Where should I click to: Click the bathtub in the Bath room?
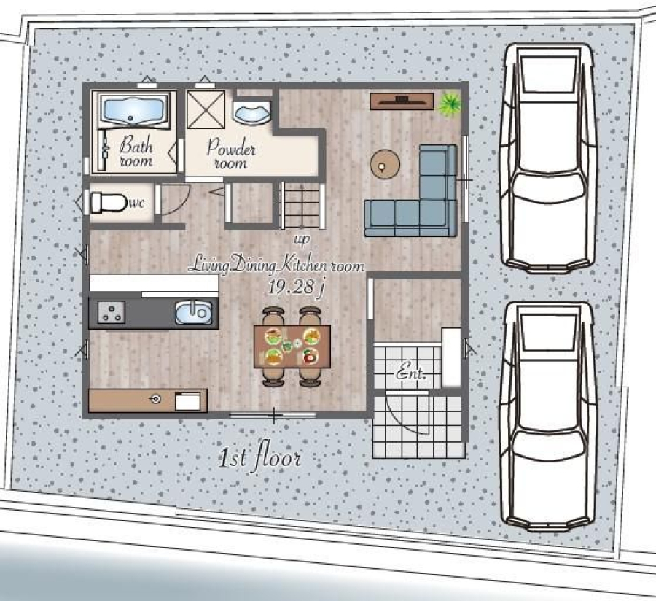(x=133, y=110)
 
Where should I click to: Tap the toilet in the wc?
(x=109, y=203)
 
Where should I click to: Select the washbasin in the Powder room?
(x=251, y=112)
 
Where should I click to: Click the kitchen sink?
(x=194, y=313)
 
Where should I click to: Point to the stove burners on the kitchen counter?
(x=112, y=312)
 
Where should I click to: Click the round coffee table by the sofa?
(x=385, y=165)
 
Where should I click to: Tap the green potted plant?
(x=450, y=104)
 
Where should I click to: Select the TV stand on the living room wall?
(x=402, y=101)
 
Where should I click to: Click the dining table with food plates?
(x=292, y=346)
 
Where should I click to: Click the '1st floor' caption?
(x=259, y=457)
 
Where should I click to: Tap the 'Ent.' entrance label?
(x=411, y=371)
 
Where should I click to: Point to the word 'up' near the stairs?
(x=302, y=239)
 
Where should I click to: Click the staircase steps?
(x=302, y=205)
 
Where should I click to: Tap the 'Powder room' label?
(x=231, y=153)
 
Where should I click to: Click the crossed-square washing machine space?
(x=206, y=109)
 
